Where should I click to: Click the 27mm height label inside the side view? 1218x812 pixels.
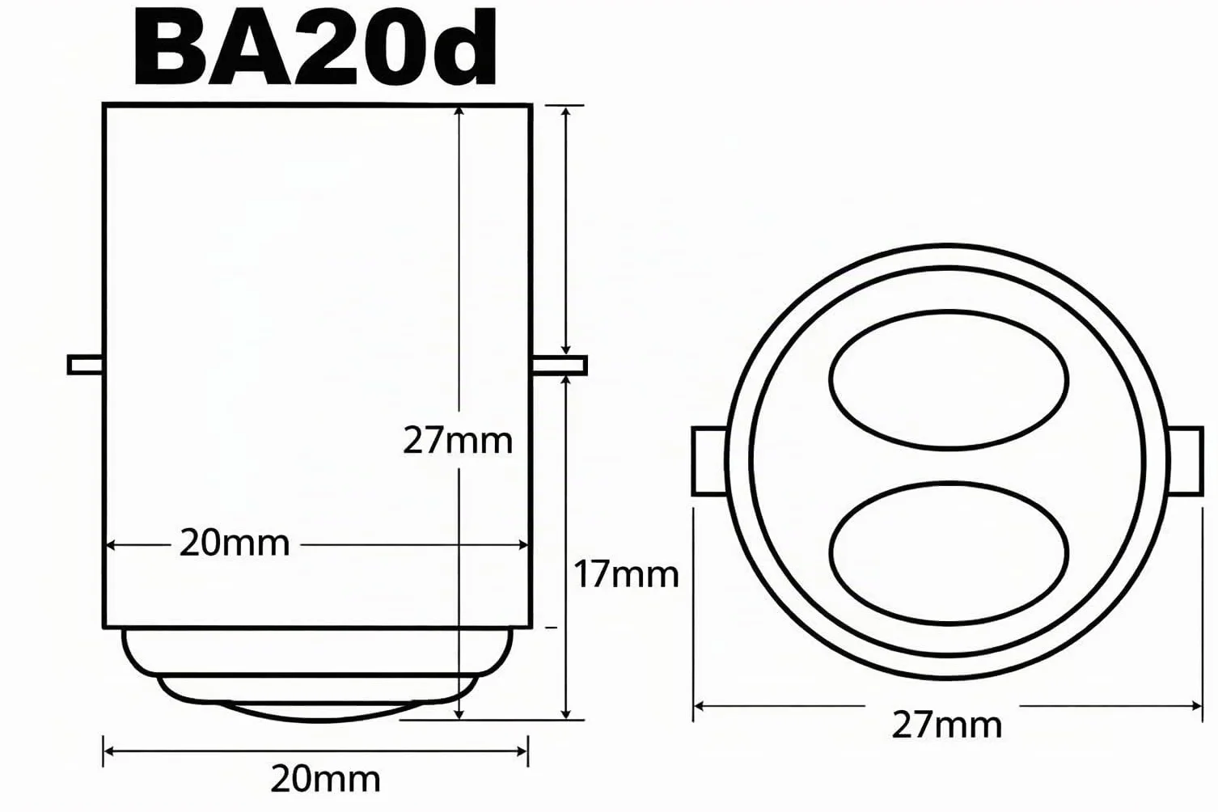tap(458, 441)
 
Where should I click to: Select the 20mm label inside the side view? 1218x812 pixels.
tap(235, 543)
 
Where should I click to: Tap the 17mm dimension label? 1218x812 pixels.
tap(627, 574)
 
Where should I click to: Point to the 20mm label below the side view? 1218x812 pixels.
tap(325, 780)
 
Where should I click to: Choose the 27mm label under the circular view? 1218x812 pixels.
tap(947, 725)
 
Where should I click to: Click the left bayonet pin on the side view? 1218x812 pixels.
tap(86, 365)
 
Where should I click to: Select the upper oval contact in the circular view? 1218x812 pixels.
tap(949, 380)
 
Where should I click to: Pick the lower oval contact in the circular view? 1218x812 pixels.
tap(949, 552)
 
